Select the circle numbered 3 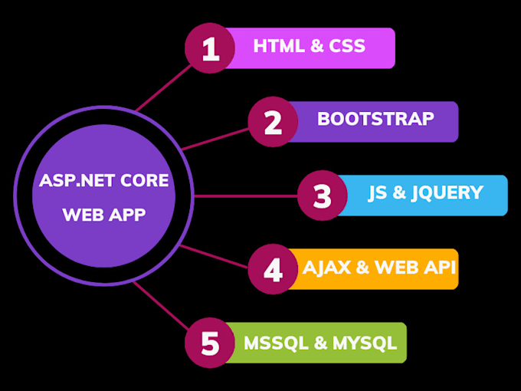323,195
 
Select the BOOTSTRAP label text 375,120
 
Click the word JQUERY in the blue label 447,192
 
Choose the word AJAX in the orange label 326,267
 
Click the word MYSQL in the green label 365,342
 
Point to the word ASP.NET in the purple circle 70,183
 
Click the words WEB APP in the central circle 104,215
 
